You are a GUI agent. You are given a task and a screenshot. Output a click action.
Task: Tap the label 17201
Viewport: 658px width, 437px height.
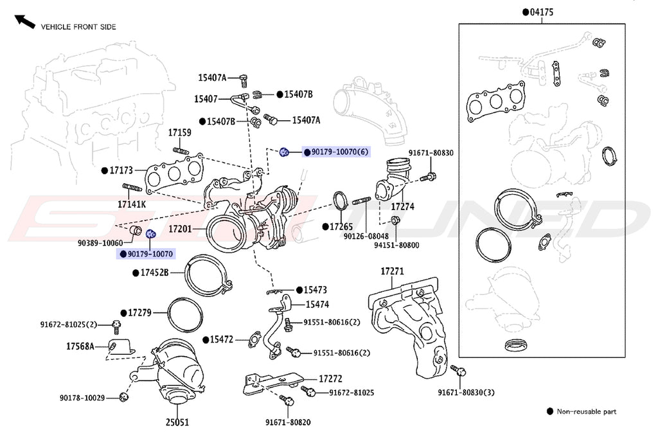point(181,229)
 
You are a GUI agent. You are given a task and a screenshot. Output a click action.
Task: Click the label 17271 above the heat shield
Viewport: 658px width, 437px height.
point(393,272)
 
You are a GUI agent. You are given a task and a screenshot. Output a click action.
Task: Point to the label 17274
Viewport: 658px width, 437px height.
point(402,207)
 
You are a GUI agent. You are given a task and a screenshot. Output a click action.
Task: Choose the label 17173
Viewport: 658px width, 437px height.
point(121,171)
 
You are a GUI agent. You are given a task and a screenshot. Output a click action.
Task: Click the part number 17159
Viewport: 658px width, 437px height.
point(180,132)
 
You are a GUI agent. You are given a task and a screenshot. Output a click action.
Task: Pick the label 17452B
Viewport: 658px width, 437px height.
point(155,272)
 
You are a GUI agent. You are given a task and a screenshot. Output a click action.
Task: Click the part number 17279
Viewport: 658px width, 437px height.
point(139,313)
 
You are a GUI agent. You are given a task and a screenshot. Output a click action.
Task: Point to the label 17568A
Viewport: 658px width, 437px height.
point(80,346)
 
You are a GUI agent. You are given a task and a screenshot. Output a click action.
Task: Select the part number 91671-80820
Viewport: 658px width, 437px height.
point(288,422)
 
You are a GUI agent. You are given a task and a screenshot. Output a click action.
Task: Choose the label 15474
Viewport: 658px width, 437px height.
point(317,304)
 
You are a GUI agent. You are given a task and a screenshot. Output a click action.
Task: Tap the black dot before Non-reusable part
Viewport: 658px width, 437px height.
point(549,411)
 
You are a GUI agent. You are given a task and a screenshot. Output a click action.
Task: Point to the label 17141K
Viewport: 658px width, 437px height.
point(132,204)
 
